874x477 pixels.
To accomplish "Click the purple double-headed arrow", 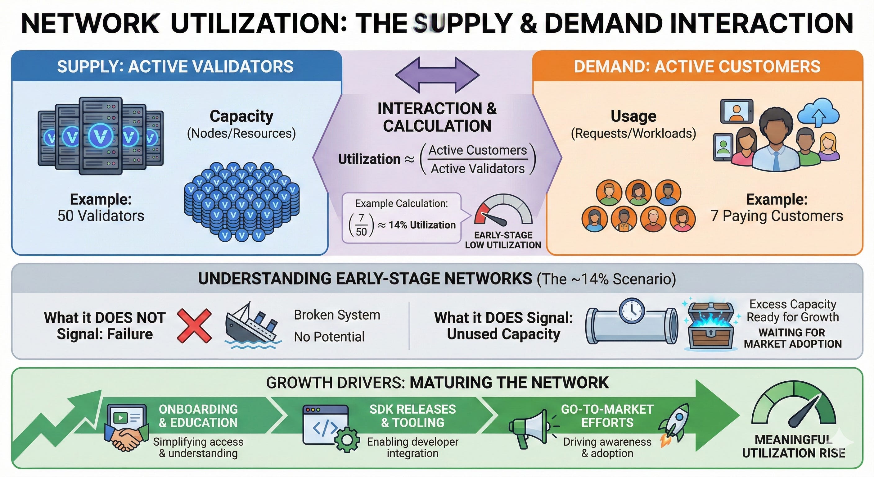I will [x=437, y=75].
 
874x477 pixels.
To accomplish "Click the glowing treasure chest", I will [x=710, y=326].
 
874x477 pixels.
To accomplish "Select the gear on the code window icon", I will [x=347, y=440].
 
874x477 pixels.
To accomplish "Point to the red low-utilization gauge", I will [x=503, y=211].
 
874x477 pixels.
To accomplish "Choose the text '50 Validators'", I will [x=101, y=216].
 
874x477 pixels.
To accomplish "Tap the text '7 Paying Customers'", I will [x=777, y=216].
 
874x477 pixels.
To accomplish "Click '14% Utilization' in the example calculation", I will [x=422, y=225].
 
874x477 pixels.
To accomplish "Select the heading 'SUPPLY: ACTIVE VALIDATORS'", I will [x=175, y=66].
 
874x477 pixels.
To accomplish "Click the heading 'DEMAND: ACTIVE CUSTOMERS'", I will [x=697, y=66].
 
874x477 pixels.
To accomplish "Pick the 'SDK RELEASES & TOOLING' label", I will [x=412, y=416].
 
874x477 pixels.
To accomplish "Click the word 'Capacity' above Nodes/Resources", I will [x=241, y=116].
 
